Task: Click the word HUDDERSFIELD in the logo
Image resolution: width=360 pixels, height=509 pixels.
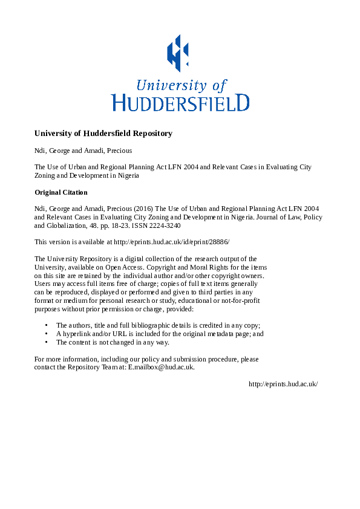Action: pos(180,102)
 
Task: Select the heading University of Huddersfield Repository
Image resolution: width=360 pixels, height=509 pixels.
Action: pos(103,133)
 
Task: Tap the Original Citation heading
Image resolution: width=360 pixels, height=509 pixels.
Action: pos(61,192)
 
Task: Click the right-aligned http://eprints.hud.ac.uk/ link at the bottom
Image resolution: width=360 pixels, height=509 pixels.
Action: pos(283,384)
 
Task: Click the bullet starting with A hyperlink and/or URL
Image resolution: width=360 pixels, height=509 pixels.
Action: pos(160,334)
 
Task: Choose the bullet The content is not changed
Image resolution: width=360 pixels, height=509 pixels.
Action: pos(108,342)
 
